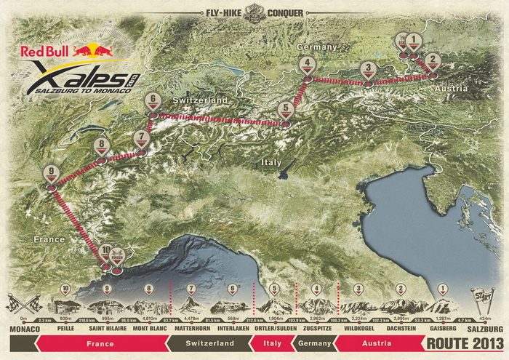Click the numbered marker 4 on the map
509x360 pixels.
[x=308, y=63]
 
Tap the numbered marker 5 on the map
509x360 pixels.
[x=286, y=110]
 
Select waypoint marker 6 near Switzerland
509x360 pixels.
[x=153, y=100]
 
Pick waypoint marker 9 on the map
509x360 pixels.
[x=50, y=173]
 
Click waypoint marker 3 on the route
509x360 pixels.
[x=369, y=69]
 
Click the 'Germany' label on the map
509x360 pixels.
[x=318, y=47]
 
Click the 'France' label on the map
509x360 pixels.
[x=49, y=239]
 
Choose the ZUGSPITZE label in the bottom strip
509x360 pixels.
[x=316, y=328]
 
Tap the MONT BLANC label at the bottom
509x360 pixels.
[x=150, y=328]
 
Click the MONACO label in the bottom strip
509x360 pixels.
[x=25, y=328]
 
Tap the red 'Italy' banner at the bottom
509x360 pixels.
[x=273, y=342]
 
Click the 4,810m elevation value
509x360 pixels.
[x=149, y=318]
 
